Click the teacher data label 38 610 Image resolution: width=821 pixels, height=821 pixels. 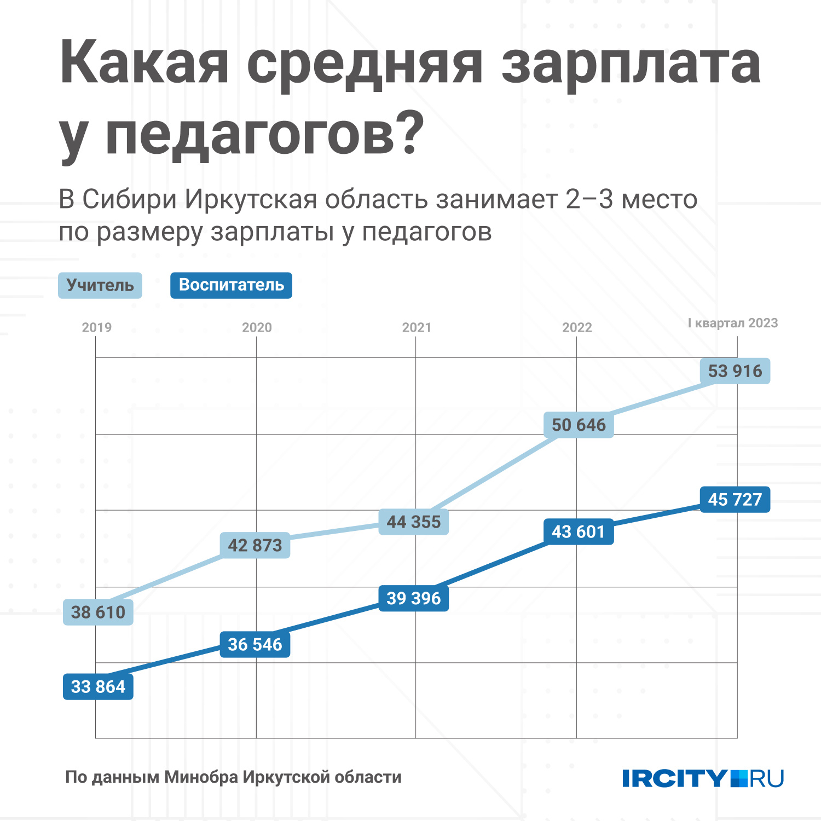tap(98, 612)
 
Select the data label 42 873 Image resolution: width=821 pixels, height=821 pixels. tap(255, 545)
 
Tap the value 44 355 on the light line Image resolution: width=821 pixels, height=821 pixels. tap(413, 522)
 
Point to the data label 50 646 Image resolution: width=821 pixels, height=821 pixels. tap(579, 425)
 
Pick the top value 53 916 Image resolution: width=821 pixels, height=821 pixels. tap(735, 371)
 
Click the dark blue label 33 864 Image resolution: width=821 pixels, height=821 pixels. tap(98, 686)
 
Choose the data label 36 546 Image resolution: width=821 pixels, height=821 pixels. tap(255, 644)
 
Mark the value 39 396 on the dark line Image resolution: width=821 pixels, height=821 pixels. tap(413, 598)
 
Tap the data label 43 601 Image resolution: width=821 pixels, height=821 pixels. tap(579, 531)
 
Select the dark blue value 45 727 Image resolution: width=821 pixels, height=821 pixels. tap(735, 499)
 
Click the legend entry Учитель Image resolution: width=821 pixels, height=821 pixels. tap(100, 285)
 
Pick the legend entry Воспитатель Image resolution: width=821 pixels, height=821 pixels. tap(231, 285)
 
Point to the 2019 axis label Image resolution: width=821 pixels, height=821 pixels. tap(97, 327)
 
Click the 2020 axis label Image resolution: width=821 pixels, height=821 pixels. tap(257, 327)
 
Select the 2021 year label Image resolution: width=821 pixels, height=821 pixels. tap(417, 327)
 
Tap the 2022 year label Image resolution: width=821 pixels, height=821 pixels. tap(577, 327)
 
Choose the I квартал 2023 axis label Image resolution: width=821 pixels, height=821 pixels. tap(733, 323)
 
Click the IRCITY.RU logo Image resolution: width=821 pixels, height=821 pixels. tap(703, 778)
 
